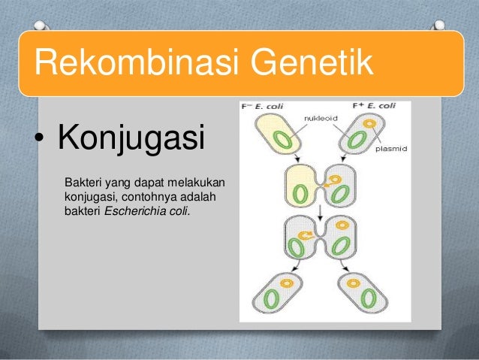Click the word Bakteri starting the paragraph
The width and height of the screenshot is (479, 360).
(x=84, y=182)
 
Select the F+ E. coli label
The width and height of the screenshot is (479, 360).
(x=372, y=107)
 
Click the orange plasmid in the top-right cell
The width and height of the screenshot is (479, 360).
(x=369, y=123)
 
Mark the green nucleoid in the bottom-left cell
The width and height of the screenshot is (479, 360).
(x=272, y=298)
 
